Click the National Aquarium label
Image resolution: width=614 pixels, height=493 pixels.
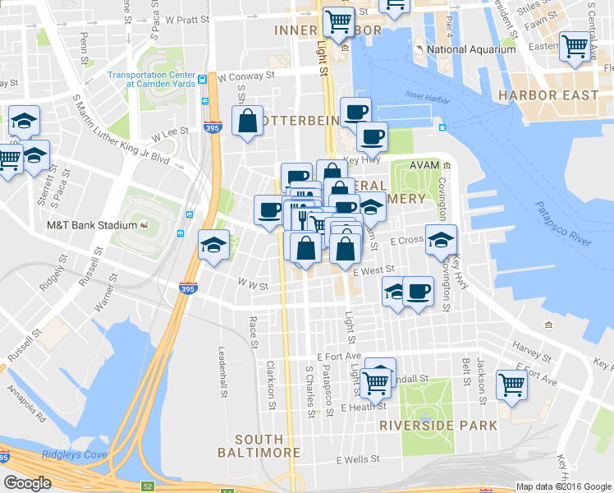coord(470,49)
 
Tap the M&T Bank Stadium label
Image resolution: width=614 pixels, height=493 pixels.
coord(91,225)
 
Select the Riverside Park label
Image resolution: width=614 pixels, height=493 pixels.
coord(438,426)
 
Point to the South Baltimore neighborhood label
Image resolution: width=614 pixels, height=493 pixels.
coord(259,445)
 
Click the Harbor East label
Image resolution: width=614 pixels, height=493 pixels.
coord(548,95)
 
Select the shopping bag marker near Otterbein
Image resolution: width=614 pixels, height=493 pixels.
coord(247,122)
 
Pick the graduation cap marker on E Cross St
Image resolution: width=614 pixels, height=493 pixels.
coord(442,239)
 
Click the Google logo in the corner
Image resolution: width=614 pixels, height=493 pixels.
coord(27,483)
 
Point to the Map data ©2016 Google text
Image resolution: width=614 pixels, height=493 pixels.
coord(563,486)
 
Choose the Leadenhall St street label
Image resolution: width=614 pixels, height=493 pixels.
coord(222,371)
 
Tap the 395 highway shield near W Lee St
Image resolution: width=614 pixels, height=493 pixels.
coord(210,128)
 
